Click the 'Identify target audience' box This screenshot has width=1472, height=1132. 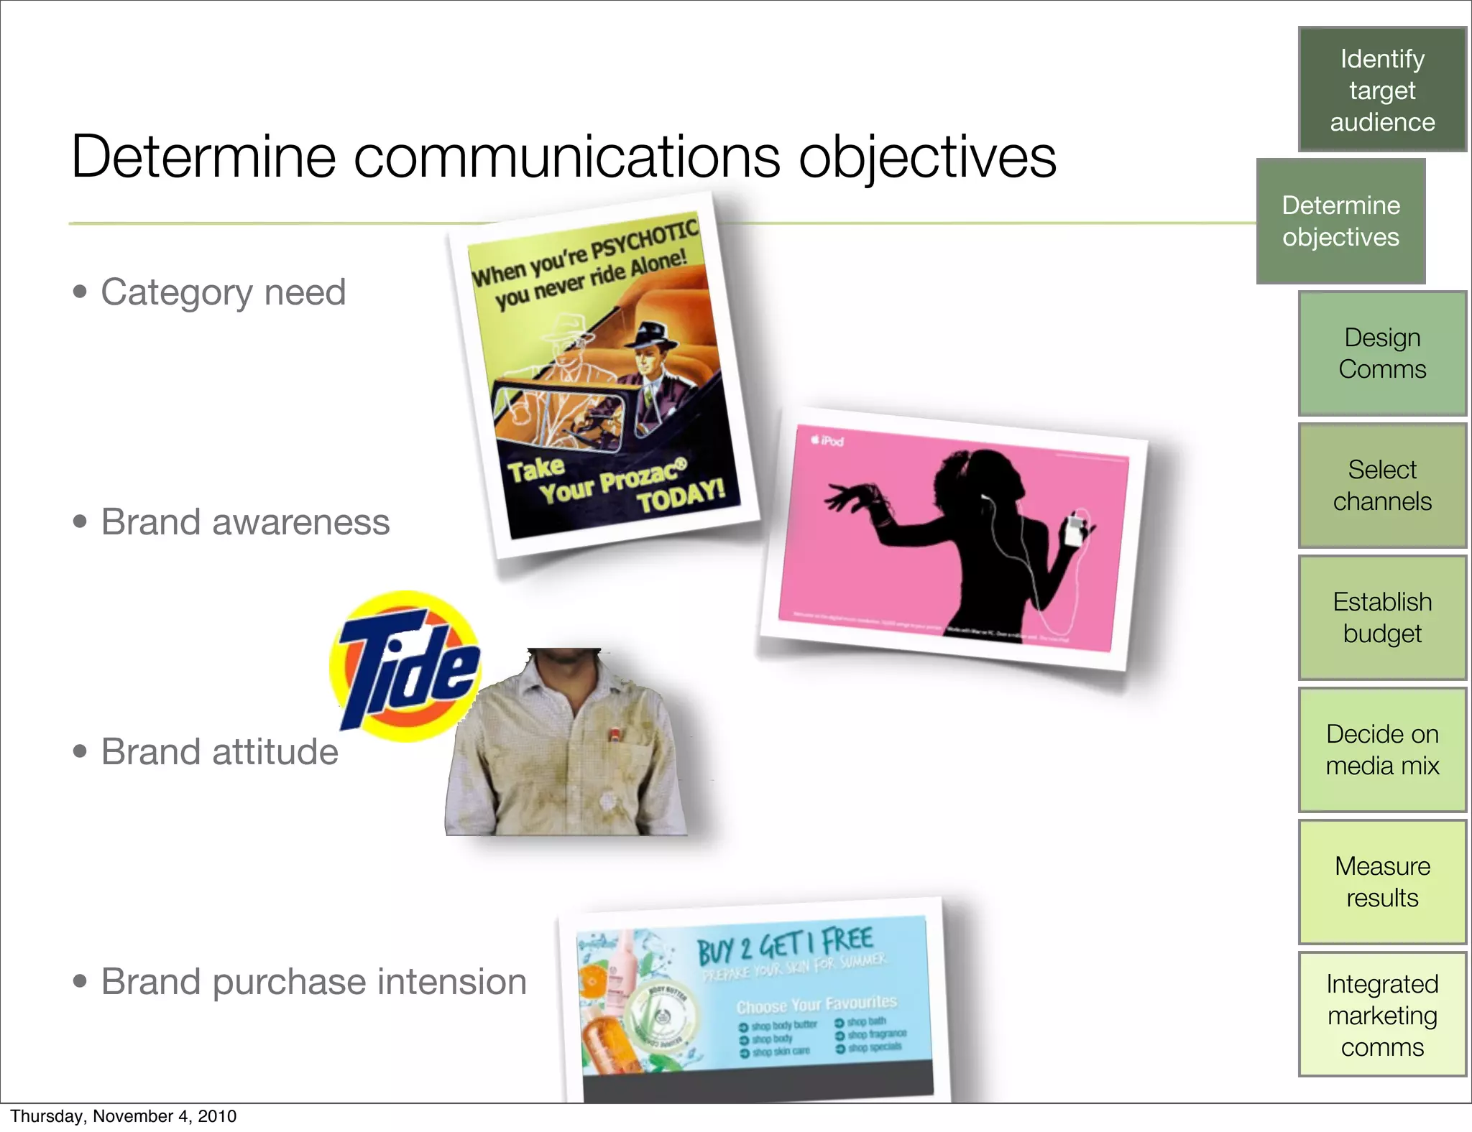(x=1381, y=90)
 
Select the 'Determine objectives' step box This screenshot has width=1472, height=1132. (x=1340, y=221)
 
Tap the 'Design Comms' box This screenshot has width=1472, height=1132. (x=1381, y=353)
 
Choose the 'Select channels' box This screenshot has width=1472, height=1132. (x=1381, y=486)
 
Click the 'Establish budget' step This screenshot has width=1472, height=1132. (x=1381, y=618)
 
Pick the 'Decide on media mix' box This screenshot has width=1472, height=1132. (x=1381, y=750)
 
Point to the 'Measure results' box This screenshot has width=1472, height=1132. (x=1381, y=882)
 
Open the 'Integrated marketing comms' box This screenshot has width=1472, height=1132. (x=1381, y=1014)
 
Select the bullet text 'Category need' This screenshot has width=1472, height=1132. (x=223, y=292)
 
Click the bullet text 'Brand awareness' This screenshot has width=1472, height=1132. (x=245, y=522)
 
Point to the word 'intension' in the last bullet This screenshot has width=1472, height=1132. (x=452, y=982)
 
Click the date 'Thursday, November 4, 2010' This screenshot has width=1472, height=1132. (x=123, y=1116)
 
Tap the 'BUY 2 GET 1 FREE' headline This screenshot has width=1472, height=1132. (x=785, y=945)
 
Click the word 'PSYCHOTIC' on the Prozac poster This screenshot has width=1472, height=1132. (x=644, y=240)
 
